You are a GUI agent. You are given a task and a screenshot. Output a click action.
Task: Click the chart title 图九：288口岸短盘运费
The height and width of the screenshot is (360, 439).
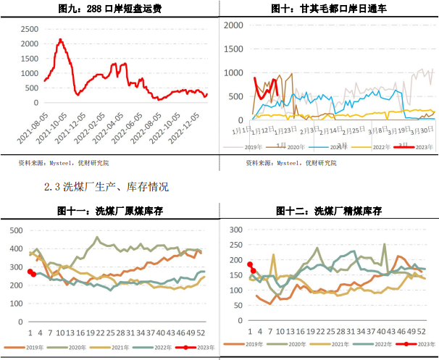[x=109, y=9]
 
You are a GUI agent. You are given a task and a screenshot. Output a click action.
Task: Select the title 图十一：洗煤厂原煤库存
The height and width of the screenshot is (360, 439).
[x=109, y=211]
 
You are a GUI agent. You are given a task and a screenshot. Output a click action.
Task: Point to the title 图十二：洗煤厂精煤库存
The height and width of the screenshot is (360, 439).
[x=330, y=211]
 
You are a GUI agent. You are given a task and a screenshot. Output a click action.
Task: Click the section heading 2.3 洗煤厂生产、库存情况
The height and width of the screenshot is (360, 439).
[x=106, y=187]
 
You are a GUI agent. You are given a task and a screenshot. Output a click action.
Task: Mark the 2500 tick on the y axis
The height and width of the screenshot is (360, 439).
[x=30, y=28]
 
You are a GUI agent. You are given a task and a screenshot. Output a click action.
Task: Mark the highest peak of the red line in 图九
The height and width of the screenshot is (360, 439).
[x=61, y=40]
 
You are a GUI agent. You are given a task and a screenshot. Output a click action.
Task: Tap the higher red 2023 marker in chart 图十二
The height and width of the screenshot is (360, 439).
[x=250, y=265]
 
